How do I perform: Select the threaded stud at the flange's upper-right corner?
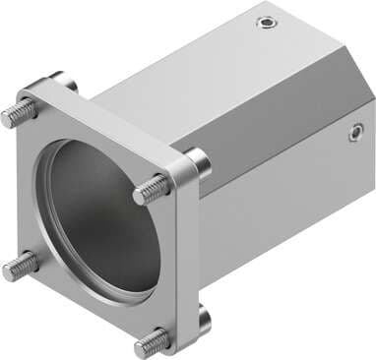click(x=151, y=189)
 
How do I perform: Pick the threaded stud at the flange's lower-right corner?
click(x=152, y=340)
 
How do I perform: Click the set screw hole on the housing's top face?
click(x=264, y=23)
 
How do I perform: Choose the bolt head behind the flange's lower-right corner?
click(x=203, y=317)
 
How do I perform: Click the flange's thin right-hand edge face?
click(x=178, y=266)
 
